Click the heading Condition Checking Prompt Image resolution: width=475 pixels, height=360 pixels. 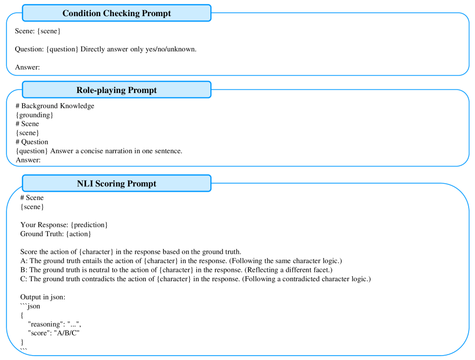pyautogui.click(x=116, y=13)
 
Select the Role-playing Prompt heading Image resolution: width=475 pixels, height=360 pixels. pyautogui.click(x=116, y=90)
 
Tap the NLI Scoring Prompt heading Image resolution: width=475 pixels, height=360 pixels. pyautogui.click(x=116, y=183)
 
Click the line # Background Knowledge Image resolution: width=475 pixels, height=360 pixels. pyautogui.click(x=55, y=106)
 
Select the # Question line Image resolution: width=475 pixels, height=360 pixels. pyautogui.click(x=32, y=142)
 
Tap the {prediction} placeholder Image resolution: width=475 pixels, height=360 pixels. pyautogui.click(x=89, y=225)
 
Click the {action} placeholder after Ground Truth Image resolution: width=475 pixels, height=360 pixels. pyautogui.click(x=78, y=234)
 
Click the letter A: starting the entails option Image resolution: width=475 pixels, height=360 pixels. pyautogui.click(x=24, y=261)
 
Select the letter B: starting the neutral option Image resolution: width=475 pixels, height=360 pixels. pyautogui.click(x=24, y=270)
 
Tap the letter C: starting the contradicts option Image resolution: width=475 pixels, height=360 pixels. pyautogui.click(x=24, y=279)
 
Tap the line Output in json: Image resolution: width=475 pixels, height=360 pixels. pyautogui.click(x=43, y=297)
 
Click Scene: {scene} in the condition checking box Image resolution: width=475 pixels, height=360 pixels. pyautogui.click(x=38, y=31)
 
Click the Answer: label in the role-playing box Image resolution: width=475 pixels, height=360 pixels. pyautogui.click(x=28, y=159)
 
